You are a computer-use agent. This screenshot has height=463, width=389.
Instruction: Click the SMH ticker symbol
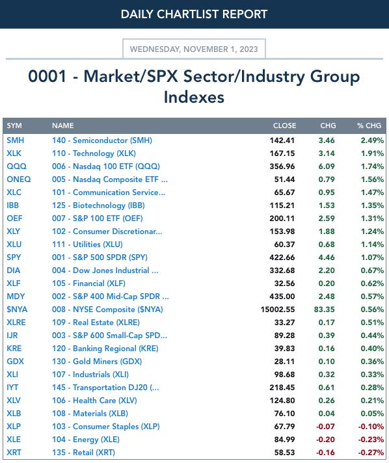16,140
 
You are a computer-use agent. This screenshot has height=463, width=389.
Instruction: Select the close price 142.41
282,140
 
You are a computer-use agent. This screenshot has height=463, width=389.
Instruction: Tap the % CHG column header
369,126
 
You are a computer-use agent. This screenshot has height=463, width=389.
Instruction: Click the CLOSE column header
284,126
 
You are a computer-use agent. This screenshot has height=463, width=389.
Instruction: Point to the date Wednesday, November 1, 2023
194,49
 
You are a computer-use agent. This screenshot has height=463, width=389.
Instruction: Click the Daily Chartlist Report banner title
194,14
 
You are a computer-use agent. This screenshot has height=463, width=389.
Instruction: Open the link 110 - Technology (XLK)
94,153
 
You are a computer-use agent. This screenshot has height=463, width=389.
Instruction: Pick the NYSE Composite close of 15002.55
278,309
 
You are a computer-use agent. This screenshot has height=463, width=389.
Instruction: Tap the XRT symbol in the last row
14,453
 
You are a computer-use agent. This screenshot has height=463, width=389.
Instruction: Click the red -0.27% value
371,453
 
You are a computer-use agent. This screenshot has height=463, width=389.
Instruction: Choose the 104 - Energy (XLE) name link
86,440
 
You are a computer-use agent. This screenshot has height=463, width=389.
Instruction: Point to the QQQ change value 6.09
327,166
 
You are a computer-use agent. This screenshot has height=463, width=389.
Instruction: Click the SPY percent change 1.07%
372,258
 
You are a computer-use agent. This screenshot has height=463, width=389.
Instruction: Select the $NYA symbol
17,309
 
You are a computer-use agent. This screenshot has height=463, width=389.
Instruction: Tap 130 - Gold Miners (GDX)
97,362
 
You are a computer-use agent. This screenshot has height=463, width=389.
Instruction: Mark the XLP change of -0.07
325,427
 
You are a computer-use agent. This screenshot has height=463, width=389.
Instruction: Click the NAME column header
63,126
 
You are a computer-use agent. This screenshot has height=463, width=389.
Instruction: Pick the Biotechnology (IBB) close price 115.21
282,205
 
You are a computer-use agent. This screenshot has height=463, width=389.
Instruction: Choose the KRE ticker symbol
14,349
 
